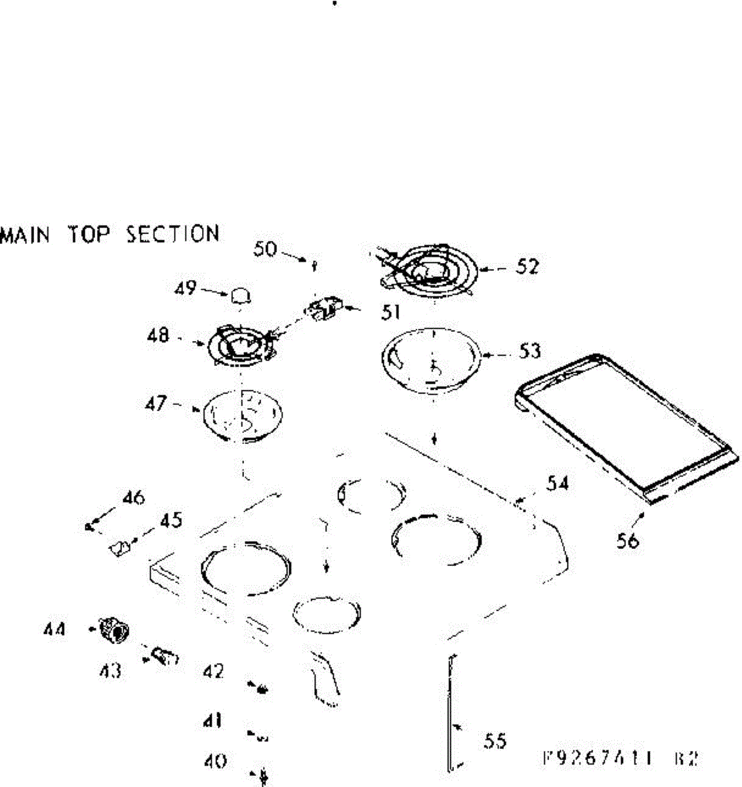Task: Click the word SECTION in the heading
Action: (173, 234)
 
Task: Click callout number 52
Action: (527, 268)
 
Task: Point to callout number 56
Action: (628, 541)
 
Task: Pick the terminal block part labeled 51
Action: (324, 308)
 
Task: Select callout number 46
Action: (133, 498)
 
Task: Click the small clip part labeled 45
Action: (119, 547)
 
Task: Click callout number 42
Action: (214, 672)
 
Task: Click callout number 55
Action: (495, 741)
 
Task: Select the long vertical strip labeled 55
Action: (450, 712)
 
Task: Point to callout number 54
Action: (558, 485)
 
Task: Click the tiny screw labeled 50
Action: (316, 266)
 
